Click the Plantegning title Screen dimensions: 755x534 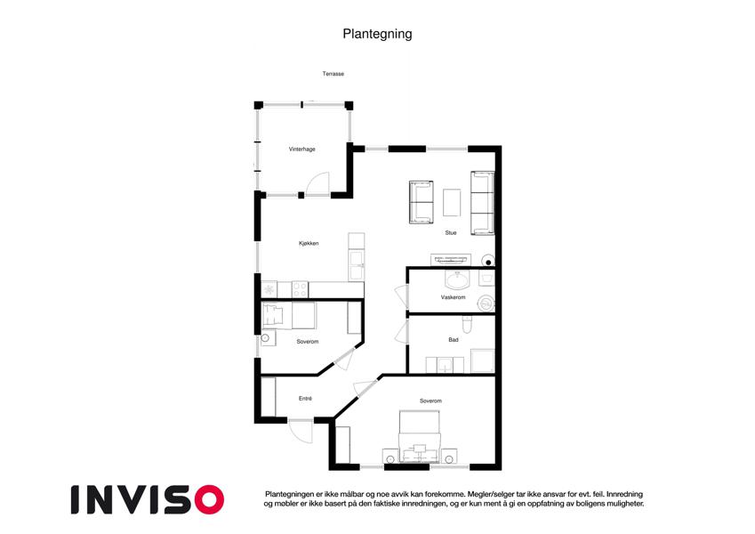pyautogui.click(x=377, y=34)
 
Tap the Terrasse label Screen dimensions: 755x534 pyautogui.click(x=333, y=74)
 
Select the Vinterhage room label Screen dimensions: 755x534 pyautogui.click(x=301, y=150)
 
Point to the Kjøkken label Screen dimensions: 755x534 pyautogui.click(x=309, y=243)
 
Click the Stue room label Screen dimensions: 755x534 pyautogui.click(x=451, y=233)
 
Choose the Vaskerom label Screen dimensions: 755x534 pyautogui.click(x=454, y=297)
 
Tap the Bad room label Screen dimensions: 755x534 pyautogui.click(x=454, y=340)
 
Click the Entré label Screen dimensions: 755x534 pyautogui.click(x=305, y=399)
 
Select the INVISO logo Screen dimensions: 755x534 pyautogui.click(x=148, y=499)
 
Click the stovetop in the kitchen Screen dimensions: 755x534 pyautogui.click(x=300, y=289)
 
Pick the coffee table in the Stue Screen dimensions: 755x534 pyautogui.click(x=452, y=202)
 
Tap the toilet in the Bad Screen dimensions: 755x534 pyautogui.click(x=467, y=325)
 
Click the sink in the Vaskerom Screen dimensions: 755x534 pyautogui.click(x=457, y=280)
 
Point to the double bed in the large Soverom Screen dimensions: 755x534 pyautogui.click(x=420, y=437)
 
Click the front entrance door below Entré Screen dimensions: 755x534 pyautogui.click(x=301, y=431)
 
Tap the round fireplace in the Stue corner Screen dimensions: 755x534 pyautogui.click(x=487, y=261)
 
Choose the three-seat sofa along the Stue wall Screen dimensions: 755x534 pyautogui.click(x=483, y=203)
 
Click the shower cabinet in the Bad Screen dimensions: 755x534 pyautogui.click(x=483, y=361)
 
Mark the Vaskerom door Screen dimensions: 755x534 pyautogui.click(x=400, y=297)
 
